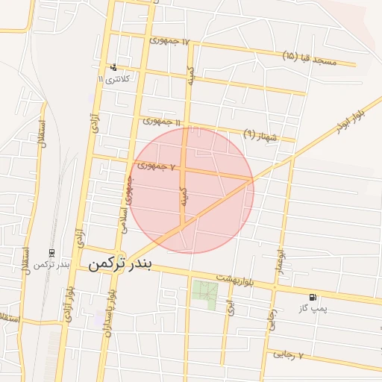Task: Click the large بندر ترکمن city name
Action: tap(119, 264)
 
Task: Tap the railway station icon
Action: tap(51, 254)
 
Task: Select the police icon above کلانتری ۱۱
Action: tap(113, 67)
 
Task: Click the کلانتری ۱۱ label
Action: tap(114, 78)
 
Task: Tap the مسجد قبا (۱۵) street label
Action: tap(310, 58)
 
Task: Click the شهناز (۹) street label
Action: tap(260, 134)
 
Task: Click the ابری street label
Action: tap(231, 305)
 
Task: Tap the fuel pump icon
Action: tap(313, 297)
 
